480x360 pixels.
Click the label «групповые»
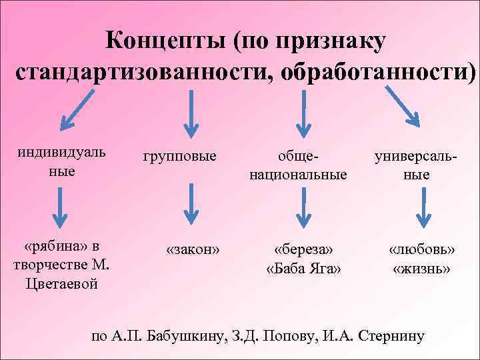pos(179,156)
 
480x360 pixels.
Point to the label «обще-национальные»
pos(298,165)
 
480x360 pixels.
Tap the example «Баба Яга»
pos(303,269)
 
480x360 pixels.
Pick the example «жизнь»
pos(422,269)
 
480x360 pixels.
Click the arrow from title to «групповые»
pos(192,110)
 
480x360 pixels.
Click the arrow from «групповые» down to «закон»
pos(192,204)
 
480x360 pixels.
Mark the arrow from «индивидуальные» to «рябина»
pos(61,208)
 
